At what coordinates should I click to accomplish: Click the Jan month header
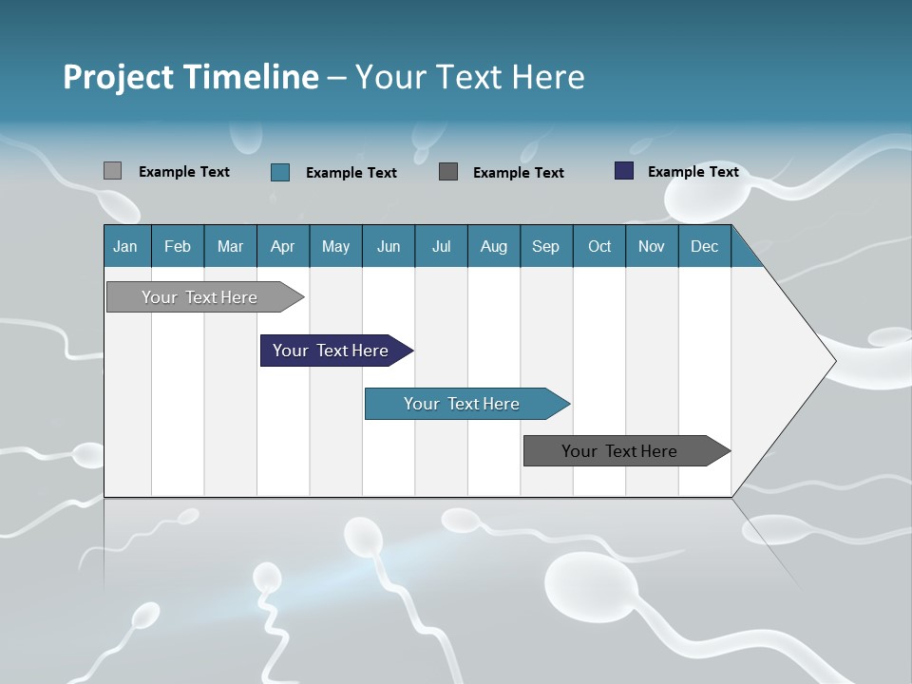125,247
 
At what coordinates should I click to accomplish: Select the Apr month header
283,247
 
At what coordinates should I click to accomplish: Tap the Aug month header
493,247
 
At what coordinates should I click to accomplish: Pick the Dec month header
704,247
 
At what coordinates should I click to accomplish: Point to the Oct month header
599,247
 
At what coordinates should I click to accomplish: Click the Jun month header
389,247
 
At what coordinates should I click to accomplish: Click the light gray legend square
112,171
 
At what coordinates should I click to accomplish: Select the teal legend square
280,172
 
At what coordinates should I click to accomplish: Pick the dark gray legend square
448,171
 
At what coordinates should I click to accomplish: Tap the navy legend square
624,171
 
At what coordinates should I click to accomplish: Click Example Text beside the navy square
693,172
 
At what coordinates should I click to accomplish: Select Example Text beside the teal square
351,173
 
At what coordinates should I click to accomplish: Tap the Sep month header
545,247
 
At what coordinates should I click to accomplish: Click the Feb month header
178,247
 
